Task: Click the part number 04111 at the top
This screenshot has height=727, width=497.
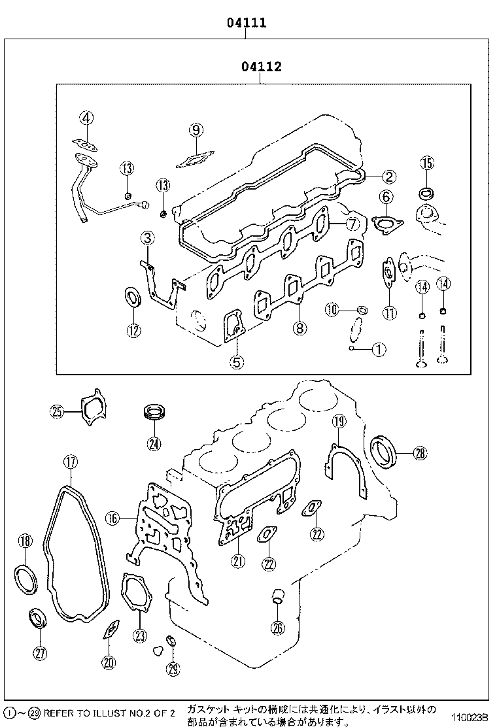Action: coord(247,23)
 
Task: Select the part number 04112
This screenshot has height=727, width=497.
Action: coord(261,67)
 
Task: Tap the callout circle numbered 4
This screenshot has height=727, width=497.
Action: coord(87,118)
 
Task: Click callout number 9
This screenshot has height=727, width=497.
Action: coord(196,130)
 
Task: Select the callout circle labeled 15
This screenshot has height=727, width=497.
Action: coord(426,163)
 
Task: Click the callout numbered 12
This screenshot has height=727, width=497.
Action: coord(133,330)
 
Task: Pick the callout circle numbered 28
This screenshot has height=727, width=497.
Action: coord(419,452)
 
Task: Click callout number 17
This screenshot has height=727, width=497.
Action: coord(70,462)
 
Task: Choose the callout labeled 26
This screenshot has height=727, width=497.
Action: coord(278,628)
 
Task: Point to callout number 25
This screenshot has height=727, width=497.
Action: coord(58,411)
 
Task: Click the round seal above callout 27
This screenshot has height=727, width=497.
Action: coord(37,618)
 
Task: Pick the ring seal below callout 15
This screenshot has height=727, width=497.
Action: coord(426,194)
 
